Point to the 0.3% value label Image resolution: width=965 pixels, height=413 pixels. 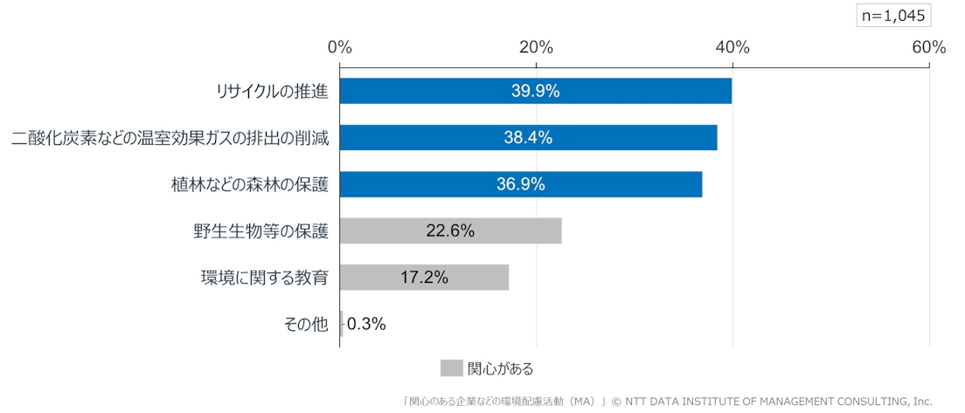pos(366,324)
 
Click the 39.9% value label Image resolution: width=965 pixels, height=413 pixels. pos(535,91)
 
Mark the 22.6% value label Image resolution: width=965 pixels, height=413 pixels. pos(450,231)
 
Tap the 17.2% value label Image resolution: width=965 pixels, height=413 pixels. pos(424,278)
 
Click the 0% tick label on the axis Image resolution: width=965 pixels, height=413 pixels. pos(339,48)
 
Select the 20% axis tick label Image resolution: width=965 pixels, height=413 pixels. pos(536,48)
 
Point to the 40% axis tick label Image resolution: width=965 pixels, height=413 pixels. pos(732,48)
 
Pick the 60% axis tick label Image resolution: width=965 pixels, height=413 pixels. pos(928,48)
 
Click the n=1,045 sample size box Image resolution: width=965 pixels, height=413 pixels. pos(893,15)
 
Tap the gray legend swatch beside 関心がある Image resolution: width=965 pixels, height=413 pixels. pos(451,368)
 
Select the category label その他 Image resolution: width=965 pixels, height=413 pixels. pos(306,325)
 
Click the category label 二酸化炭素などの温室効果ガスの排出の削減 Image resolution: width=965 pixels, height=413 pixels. pos(170,138)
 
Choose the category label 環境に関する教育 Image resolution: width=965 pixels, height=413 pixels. pos(264,278)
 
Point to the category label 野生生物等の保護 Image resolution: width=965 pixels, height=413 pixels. pos(260,231)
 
